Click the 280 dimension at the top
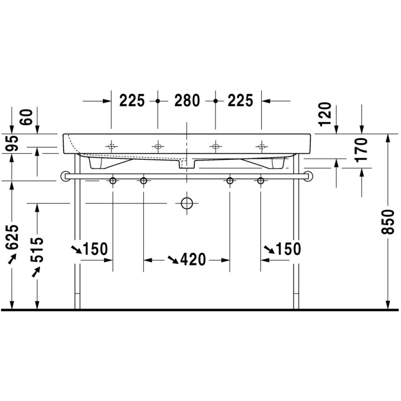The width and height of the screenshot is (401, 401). (x=187, y=101)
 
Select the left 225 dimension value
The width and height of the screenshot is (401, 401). (x=132, y=101)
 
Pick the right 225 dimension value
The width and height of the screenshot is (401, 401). (x=240, y=101)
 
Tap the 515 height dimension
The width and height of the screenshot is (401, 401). (x=37, y=252)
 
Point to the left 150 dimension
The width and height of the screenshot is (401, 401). (x=95, y=248)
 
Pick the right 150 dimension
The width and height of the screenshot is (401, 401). (x=287, y=248)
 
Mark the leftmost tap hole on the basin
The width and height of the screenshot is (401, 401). (x=111, y=146)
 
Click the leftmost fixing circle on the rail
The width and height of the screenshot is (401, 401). (x=113, y=180)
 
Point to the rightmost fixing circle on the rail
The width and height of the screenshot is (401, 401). (x=260, y=180)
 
